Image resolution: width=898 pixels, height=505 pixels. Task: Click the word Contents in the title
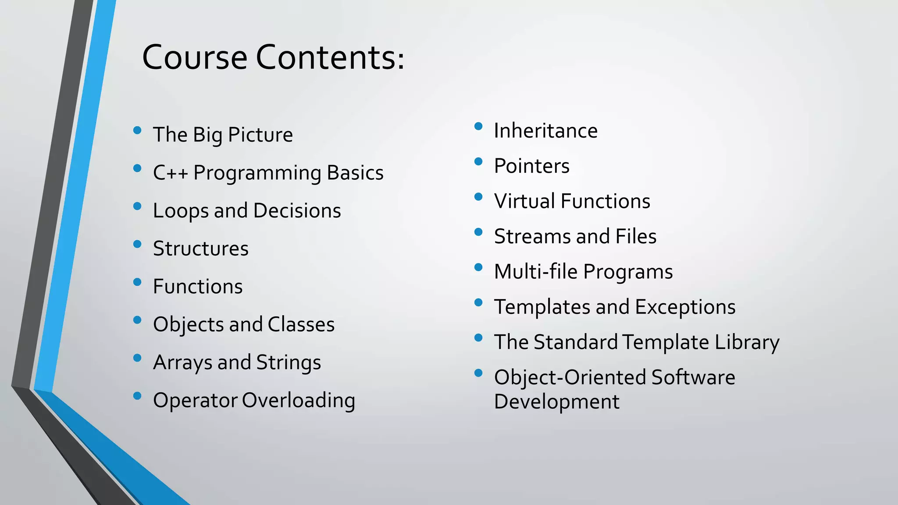[330, 57]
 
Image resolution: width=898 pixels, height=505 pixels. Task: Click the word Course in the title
[195, 57]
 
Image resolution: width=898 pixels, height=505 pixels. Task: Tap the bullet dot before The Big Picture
[137, 130]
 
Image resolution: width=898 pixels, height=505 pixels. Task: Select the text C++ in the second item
[170, 173]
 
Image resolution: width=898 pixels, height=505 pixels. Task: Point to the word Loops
[180, 211]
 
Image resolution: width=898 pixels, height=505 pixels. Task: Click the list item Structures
[200, 249]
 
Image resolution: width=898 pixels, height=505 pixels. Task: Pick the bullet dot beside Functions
[137, 282]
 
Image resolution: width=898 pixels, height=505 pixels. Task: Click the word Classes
[301, 324]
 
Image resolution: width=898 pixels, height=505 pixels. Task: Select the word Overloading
[298, 401]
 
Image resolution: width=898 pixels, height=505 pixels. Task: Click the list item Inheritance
[545, 131]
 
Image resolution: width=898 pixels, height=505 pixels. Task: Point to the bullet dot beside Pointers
[478, 162]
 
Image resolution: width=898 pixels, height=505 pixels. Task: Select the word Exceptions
[685, 307]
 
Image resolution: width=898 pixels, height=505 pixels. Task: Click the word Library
[747, 342]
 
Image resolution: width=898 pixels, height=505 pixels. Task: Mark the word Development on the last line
[556, 402]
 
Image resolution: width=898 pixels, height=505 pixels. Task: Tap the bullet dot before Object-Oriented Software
[478, 373]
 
